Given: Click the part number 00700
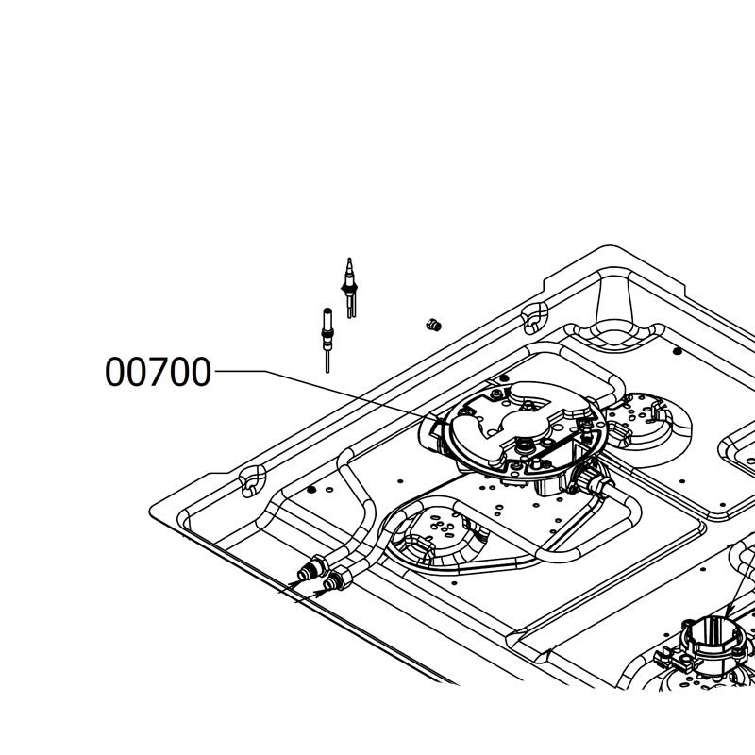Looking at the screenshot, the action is coord(158,372).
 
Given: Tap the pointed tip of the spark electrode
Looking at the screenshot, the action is coord(349,259).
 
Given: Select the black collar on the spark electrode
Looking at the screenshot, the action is coord(349,287).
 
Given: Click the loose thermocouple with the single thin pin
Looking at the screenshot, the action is coord(327,340).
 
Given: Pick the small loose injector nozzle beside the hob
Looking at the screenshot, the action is coord(434,325).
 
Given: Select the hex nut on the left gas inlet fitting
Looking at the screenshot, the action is coord(320,565).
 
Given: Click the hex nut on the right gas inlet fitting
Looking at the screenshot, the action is coord(344,578).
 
